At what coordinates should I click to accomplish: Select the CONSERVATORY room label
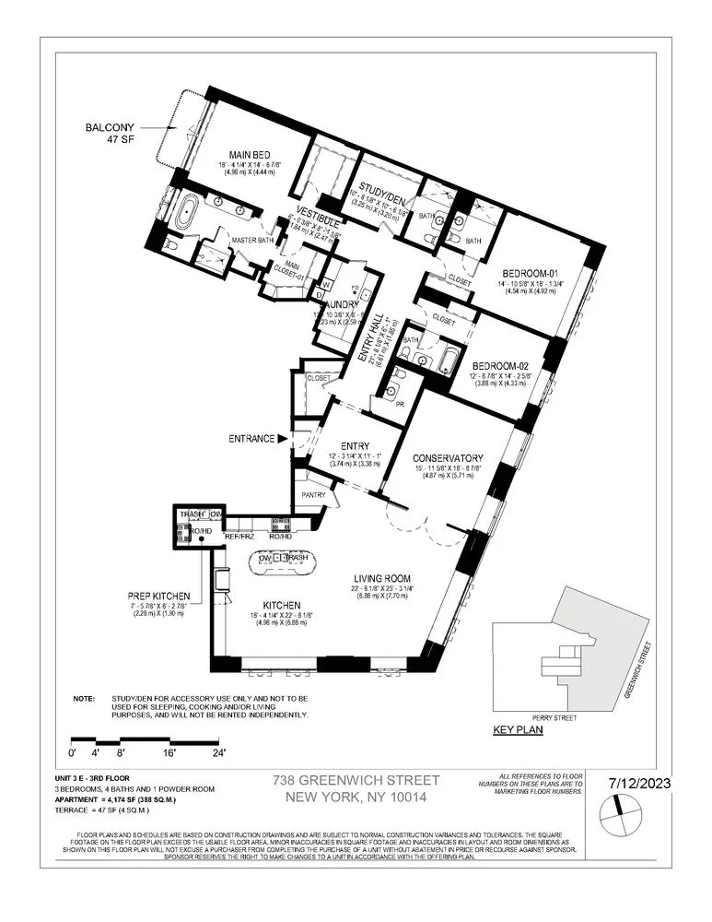tap(448, 458)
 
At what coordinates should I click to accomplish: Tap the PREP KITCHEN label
tap(160, 596)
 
